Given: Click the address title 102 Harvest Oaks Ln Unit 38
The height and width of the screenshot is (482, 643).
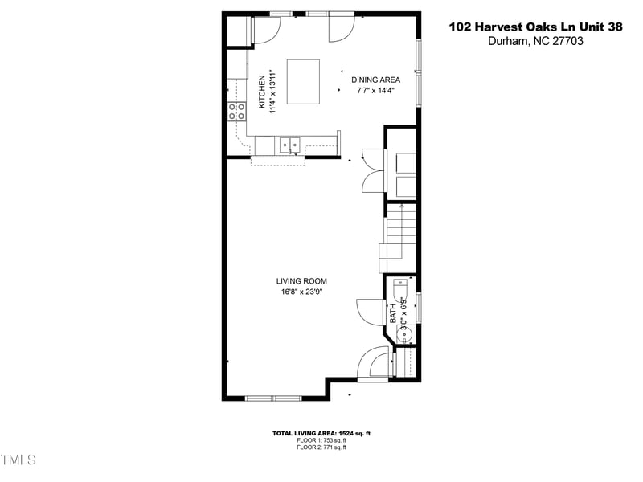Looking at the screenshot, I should [535, 27].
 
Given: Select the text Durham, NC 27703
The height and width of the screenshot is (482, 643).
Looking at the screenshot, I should [535, 42].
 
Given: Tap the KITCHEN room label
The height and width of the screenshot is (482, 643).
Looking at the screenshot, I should [262, 92].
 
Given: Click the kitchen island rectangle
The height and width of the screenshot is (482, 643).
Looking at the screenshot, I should [303, 81].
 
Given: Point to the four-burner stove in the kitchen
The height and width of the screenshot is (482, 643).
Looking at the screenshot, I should [237, 112].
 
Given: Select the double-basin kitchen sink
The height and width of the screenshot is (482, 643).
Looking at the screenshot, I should [289, 145].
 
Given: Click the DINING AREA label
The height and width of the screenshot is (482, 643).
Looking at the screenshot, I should [375, 80].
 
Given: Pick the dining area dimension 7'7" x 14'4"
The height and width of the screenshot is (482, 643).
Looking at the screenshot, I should [375, 91].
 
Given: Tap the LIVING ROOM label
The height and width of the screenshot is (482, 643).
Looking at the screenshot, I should [301, 281].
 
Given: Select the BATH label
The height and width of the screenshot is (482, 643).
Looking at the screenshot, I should [393, 313].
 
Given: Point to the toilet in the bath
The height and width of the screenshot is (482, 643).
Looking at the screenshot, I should [400, 287].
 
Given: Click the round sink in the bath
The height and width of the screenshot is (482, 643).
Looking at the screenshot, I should [406, 333].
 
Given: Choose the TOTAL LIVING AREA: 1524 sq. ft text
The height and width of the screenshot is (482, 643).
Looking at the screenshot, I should [321, 433].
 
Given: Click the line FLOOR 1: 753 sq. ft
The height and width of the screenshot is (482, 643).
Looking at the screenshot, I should [321, 440].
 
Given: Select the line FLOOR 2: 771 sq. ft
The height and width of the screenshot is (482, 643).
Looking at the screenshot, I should [321, 447].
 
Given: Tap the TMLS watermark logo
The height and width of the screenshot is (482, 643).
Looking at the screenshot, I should [18, 460].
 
